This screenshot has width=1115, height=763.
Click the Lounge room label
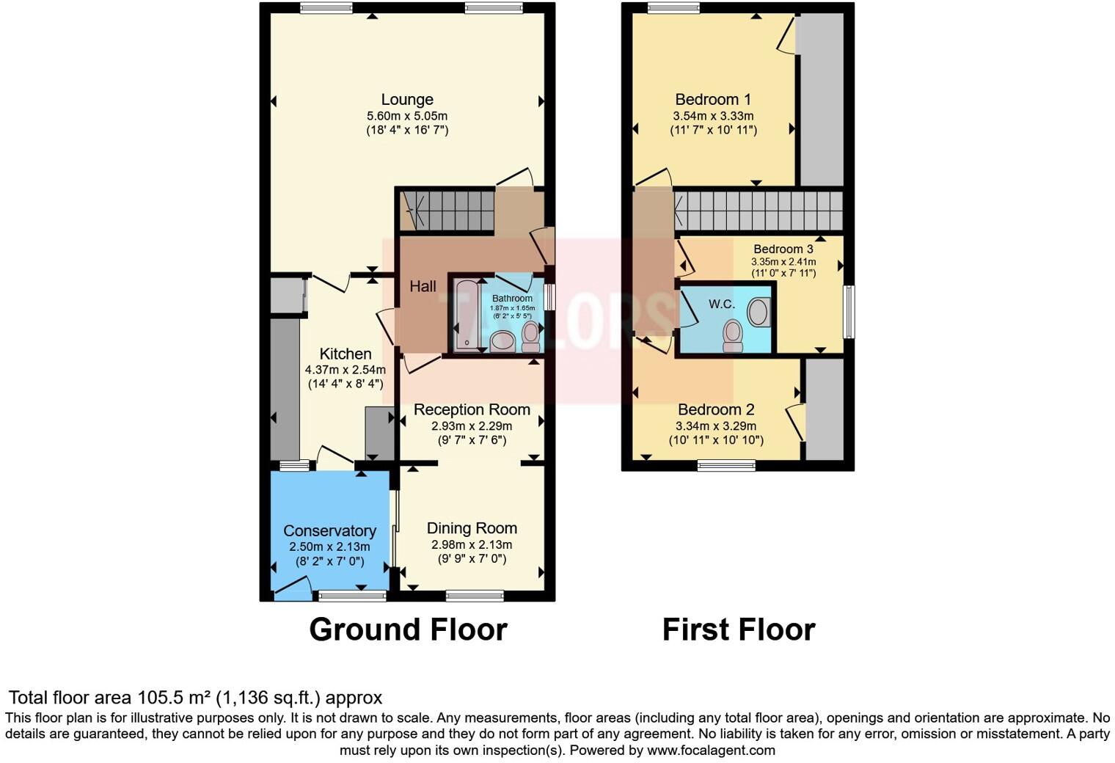click(406, 100)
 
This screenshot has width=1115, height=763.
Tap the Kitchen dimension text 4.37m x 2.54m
click(345, 370)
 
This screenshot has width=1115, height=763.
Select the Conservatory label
click(329, 530)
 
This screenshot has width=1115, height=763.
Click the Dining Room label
click(472, 528)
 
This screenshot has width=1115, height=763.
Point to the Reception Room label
click(472, 409)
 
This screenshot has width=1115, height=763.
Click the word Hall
click(423, 286)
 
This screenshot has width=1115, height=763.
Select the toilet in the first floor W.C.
click(732, 335)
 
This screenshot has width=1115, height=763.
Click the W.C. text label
click(721, 304)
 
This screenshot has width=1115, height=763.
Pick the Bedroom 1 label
click(712, 100)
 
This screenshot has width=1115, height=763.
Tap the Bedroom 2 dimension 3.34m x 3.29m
click(715, 426)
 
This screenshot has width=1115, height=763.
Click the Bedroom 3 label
click(783, 249)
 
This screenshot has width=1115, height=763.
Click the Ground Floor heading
click(408, 629)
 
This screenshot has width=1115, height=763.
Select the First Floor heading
click(738, 629)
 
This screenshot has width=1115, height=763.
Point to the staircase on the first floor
click(758, 211)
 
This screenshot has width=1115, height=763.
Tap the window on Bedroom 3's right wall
click(849, 312)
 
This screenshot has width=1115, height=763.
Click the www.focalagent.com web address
click(710, 751)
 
